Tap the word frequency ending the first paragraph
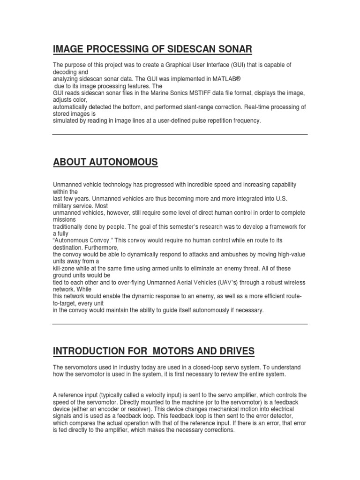[247, 120]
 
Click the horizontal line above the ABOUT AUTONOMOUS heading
[180, 135]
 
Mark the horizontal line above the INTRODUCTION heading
[180, 324]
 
